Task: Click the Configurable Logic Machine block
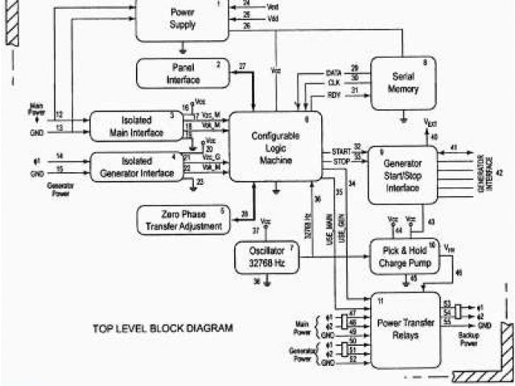pyautogui.click(x=275, y=146)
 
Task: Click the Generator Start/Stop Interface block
pyautogui.click(x=402, y=175)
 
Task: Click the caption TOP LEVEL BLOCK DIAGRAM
pyautogui.click(x=163, y=328)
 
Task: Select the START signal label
pyautogui.click(x=340, y=151)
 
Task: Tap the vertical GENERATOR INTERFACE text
pyautogui.click(x=481, y=172)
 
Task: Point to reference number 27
pyautogui.click(x=242, y=65)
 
